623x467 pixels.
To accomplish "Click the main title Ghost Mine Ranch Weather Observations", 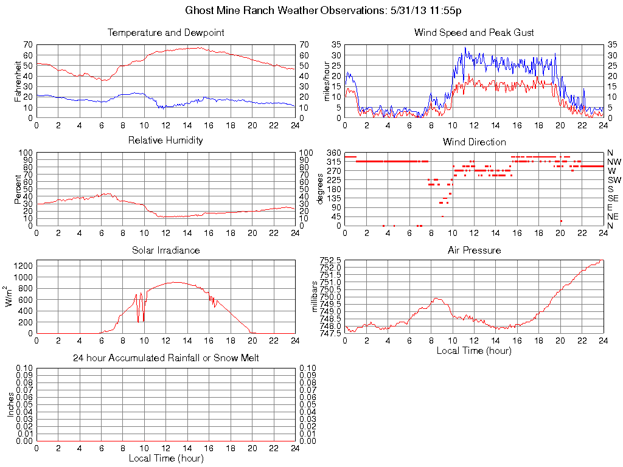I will (x=311, y=10).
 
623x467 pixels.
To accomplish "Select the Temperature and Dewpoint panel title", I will (x=165, y=33).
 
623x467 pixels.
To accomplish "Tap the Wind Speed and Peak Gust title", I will (x=474, y=33).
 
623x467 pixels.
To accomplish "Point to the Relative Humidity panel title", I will (x=165, y=140).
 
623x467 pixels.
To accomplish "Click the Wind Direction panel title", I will (x=474, y=142).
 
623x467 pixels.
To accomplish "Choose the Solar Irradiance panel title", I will (x=165, y=251).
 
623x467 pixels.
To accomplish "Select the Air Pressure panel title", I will (x=474, y=251).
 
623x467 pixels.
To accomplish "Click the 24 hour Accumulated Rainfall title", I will (x=165, y=358).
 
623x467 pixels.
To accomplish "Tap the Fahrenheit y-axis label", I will (x=18, y=81).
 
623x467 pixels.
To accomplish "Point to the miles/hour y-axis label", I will (x=325, y=81).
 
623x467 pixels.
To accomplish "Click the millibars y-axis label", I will (x=316, y=296).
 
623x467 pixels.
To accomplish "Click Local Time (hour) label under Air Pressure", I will (x=474, y=351).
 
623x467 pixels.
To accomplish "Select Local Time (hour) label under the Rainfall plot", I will (x=165, y=458).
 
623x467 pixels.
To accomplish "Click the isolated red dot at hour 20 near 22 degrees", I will (x=560, y=221).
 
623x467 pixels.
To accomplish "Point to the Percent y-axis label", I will (x=18, y=189).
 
